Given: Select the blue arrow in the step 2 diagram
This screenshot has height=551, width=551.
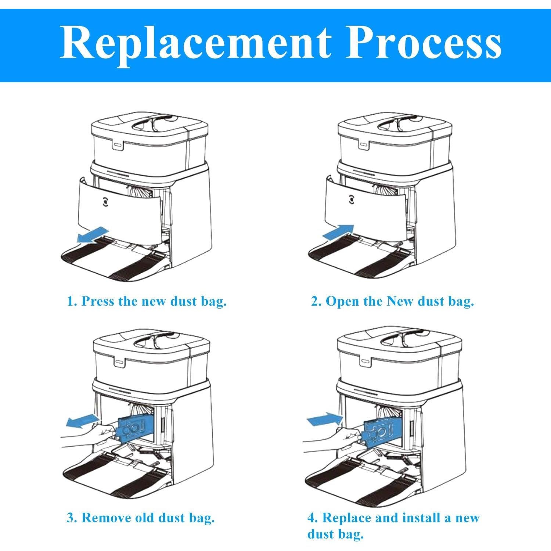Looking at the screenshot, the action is pos(338,233).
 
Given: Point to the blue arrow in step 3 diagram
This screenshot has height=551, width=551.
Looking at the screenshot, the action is pos(83,420).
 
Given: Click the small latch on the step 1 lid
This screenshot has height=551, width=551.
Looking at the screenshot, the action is pos(117,145).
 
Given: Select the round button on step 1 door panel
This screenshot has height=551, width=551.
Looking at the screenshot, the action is pos(106,201).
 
